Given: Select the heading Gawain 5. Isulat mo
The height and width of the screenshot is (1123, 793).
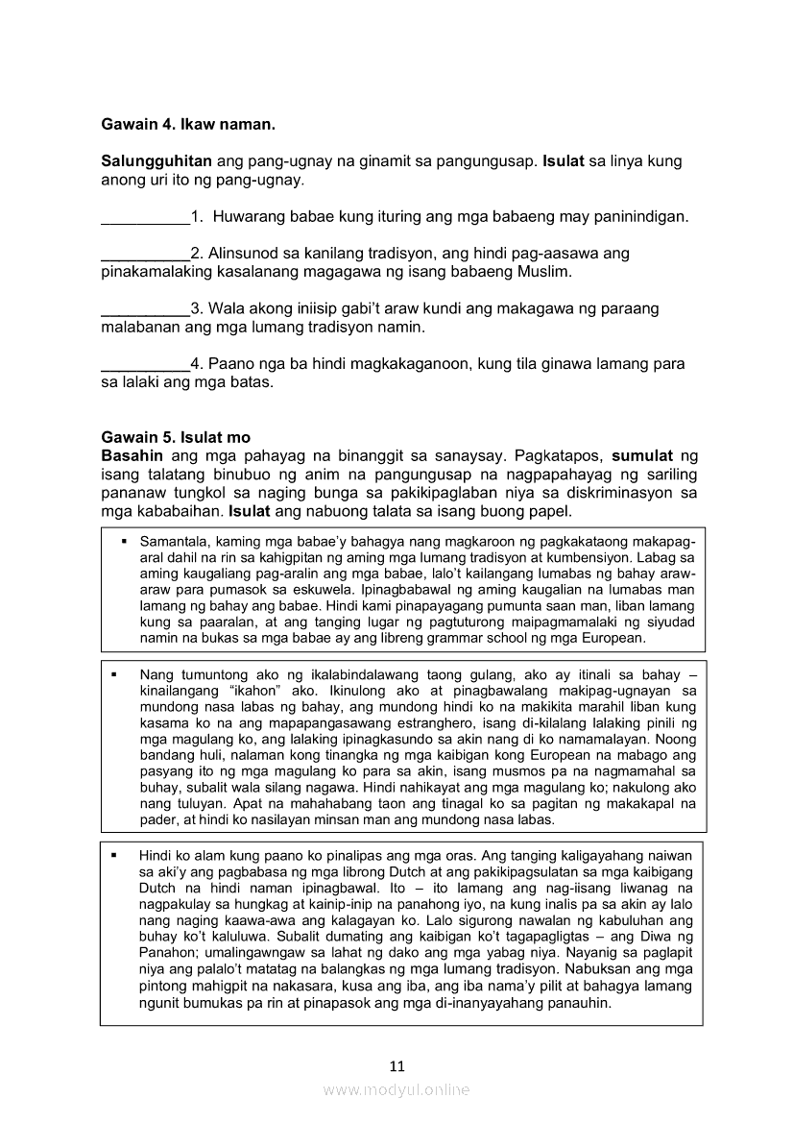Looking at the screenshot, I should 176,438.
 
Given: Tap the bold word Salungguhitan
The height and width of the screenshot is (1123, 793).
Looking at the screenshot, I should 156,161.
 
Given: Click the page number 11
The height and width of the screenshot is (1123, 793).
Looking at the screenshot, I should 397,1065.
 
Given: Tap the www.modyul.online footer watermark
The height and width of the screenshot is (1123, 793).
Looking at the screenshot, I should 396,1090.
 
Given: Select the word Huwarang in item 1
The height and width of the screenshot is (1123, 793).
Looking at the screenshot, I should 249,217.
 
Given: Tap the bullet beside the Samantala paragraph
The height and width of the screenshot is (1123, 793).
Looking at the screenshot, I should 125,543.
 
